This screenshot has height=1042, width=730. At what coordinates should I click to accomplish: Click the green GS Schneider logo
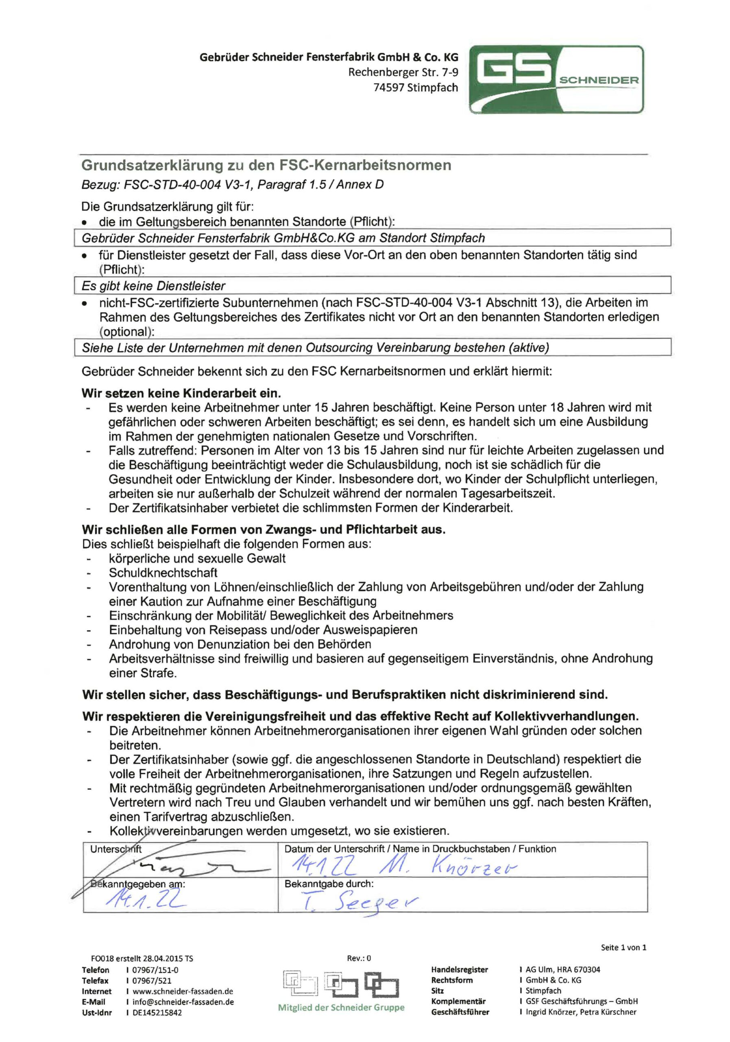(x=556, y=79)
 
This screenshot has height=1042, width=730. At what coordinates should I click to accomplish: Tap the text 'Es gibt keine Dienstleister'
(x=153, y=286)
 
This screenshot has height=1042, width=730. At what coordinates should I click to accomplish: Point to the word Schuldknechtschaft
(x=163, y=573)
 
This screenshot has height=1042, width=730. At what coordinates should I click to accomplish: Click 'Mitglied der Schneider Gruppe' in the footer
(x=341, y=1007)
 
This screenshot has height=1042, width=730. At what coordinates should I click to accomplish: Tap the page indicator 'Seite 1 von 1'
(x=623, y=947)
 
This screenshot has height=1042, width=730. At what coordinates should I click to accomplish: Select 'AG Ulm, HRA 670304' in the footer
(x=563, y=970)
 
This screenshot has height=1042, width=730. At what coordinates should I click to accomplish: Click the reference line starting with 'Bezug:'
(x=232, y=185)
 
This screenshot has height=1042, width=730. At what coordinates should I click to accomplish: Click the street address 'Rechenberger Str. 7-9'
(x=403, y=72)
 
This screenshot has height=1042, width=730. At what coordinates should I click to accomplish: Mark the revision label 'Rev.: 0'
(x=359, y=958)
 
